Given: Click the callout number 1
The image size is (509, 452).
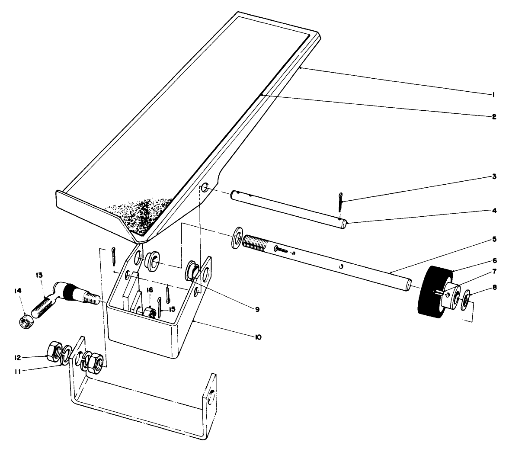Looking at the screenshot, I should click(493, 94).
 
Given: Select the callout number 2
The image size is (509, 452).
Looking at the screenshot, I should click(493, 116).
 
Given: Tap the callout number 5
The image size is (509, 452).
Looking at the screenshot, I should click(493, 238).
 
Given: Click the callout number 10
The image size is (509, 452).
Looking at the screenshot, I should click(258, 337).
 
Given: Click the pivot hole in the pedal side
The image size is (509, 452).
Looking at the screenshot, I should click(205, 188).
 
